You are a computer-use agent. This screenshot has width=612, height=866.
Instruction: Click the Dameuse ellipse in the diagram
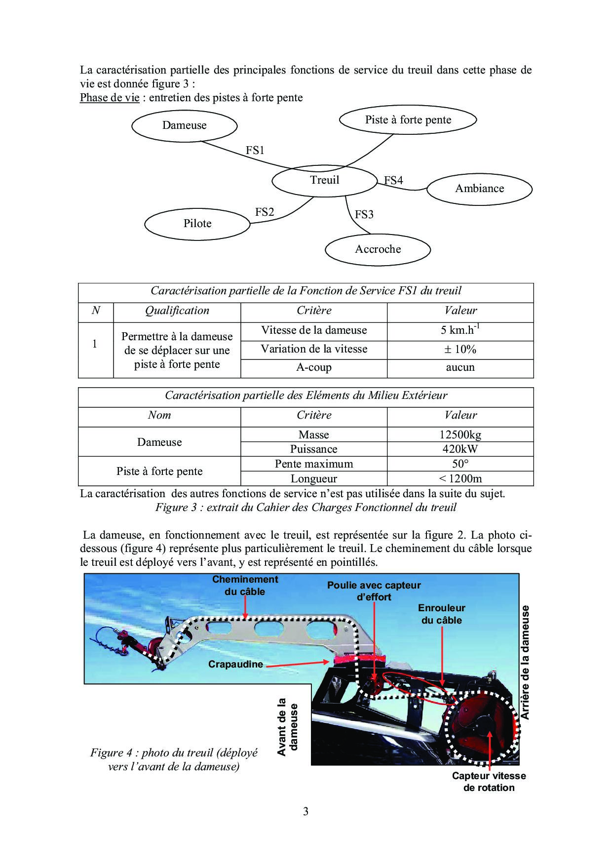tap(184, 125)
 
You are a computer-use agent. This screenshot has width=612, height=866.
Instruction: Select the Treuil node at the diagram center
tap(324, 180)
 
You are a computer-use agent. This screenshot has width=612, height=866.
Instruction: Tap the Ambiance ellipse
tap(479, 189)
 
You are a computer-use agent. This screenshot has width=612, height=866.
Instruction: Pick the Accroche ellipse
tap(378, 249)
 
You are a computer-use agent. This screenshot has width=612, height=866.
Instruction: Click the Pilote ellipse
tap(197, 224)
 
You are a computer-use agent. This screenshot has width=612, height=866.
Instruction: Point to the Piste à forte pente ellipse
tap(408, 120)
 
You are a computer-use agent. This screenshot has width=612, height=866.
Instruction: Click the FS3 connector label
tap(364, 214)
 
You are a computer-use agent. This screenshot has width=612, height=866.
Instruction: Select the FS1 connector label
tap(255, 150)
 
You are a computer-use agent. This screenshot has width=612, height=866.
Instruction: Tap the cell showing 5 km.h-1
tap(460, 330)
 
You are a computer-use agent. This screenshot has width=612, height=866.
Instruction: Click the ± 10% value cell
tap(460, 350)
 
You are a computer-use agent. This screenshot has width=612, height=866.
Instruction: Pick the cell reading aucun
tap(460, 367)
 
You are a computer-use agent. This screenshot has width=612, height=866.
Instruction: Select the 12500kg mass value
tap(460, 435)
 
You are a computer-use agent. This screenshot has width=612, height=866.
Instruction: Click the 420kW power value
tap(460, 449)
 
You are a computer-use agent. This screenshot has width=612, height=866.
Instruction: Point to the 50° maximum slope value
tap(460, 464)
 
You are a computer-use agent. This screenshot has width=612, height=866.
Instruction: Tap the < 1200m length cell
tap(460, 478)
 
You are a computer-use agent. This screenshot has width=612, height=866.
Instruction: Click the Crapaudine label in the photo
tap(235, 664)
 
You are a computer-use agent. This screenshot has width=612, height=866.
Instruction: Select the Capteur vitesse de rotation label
tap(489, 782)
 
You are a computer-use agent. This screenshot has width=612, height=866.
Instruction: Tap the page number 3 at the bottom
tap(306, 811)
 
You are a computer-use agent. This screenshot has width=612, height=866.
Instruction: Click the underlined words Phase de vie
tap(110, 98)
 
